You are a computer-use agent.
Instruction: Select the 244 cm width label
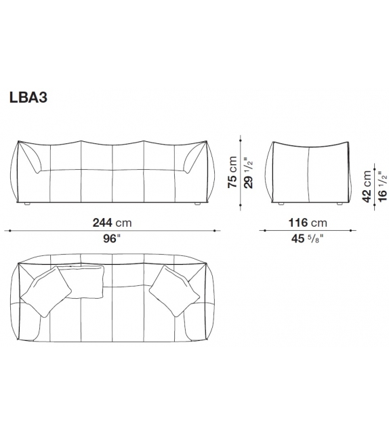point(113,223)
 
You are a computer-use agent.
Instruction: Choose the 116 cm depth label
point(308,223)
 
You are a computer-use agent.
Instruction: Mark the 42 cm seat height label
point(367,185)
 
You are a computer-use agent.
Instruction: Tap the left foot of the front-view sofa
point(28,203)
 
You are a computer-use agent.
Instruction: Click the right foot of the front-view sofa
point(197,203)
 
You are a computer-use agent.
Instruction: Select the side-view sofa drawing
point(308,171)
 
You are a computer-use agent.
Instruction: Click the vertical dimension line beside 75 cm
point(239,170)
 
